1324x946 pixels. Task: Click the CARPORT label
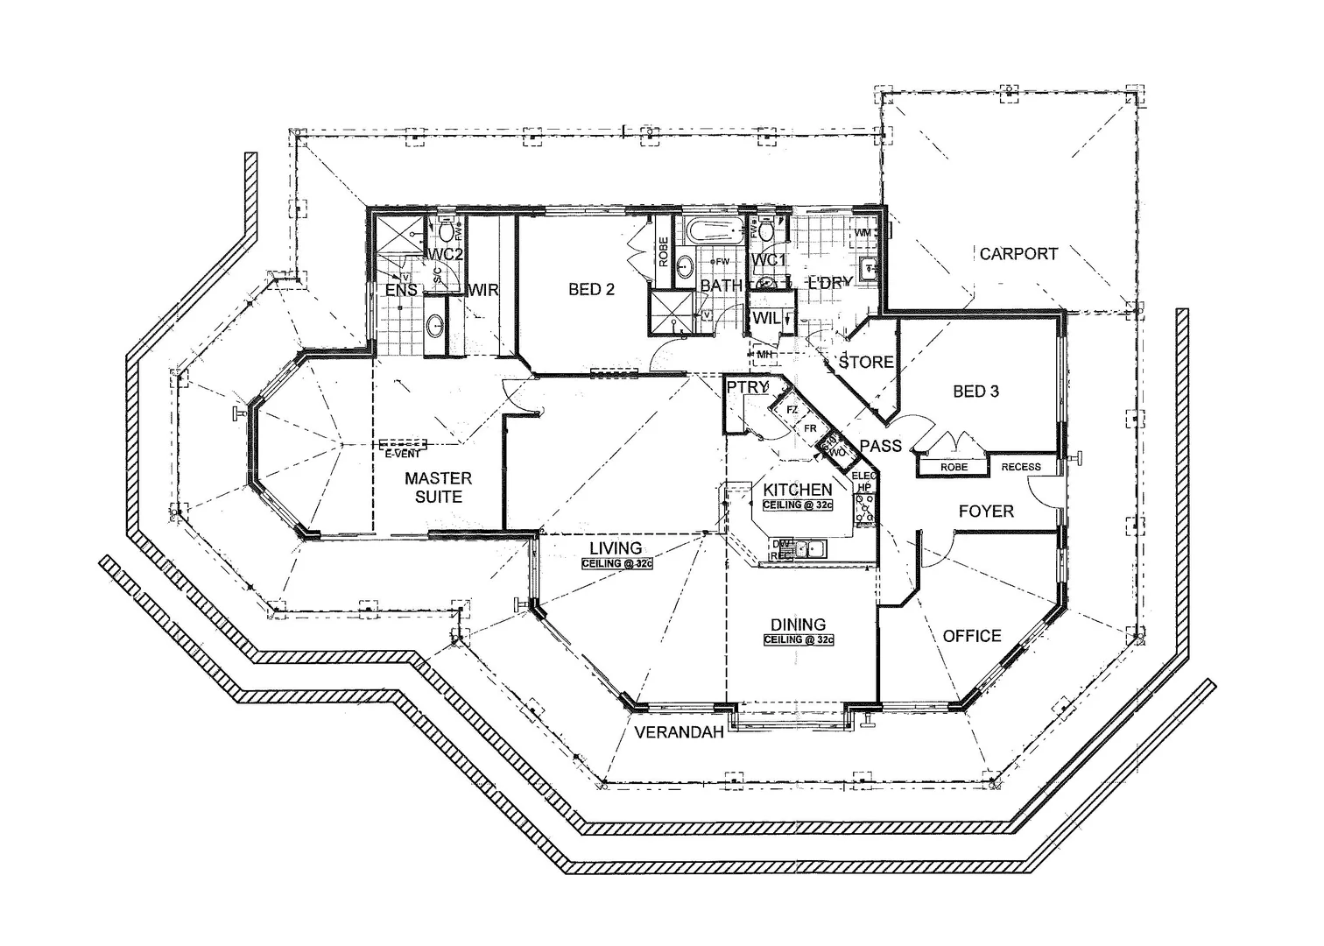(x=1018, y=254)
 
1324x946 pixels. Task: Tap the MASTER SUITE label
(x=438, y=487)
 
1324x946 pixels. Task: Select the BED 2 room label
(x=591, y=289)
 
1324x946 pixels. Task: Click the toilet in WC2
(x=447, y=230)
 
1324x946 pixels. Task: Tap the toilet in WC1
(x=767, y=229)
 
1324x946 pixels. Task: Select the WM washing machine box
(x=864, y=233)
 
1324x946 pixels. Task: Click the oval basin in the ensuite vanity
(x=434, y=326)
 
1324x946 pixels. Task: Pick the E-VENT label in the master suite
(x=403, y=454)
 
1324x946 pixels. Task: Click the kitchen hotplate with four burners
(x=866, y=509)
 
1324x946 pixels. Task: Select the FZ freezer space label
(x=792, y=410)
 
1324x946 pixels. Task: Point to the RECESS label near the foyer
(x=1021, y=467)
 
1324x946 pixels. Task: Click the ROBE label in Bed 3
(x=954, y=468)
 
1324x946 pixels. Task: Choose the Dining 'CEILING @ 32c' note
(x=798, y=640)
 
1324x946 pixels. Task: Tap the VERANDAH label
(x=680, y=732)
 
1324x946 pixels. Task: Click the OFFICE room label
(x=972, y=636)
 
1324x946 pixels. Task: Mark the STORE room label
(x=866, y=362)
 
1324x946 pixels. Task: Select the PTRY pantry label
(x=746, y=386)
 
